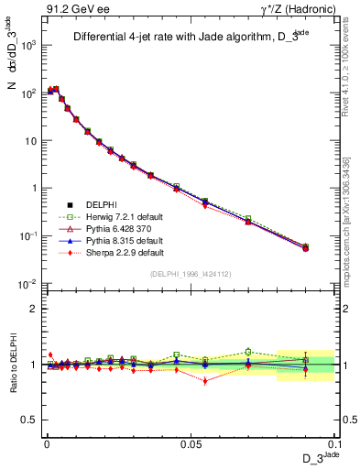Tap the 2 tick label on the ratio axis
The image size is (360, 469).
(33, 309)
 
